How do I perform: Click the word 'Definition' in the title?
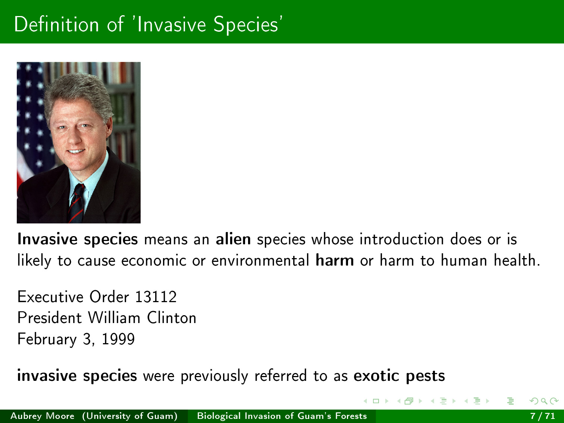[x=57, y=24]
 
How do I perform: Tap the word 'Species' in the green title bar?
[x=246, y=25]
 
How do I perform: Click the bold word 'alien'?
[x=233, y=239]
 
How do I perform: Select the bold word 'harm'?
[x=335, y=260]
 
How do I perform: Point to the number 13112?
[x=156, y=297]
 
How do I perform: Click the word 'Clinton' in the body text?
[x=172, y=318]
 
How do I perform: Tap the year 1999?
[x=119, y=339]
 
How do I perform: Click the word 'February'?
[x=47, y=339]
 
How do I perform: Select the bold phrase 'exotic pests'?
[x=399, y=376]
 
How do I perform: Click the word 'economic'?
[x=154, y=261]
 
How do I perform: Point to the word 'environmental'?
[x=260, y=260]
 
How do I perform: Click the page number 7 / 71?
[x=543, y=416]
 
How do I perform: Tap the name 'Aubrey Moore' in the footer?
[x=43, y=416]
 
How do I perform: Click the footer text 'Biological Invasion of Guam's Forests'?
[x=282, y=416]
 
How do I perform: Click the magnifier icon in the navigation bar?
[x=544, y=401]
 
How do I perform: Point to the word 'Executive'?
[x=50, y=297]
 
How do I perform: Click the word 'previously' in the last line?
[x=214, y=376]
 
